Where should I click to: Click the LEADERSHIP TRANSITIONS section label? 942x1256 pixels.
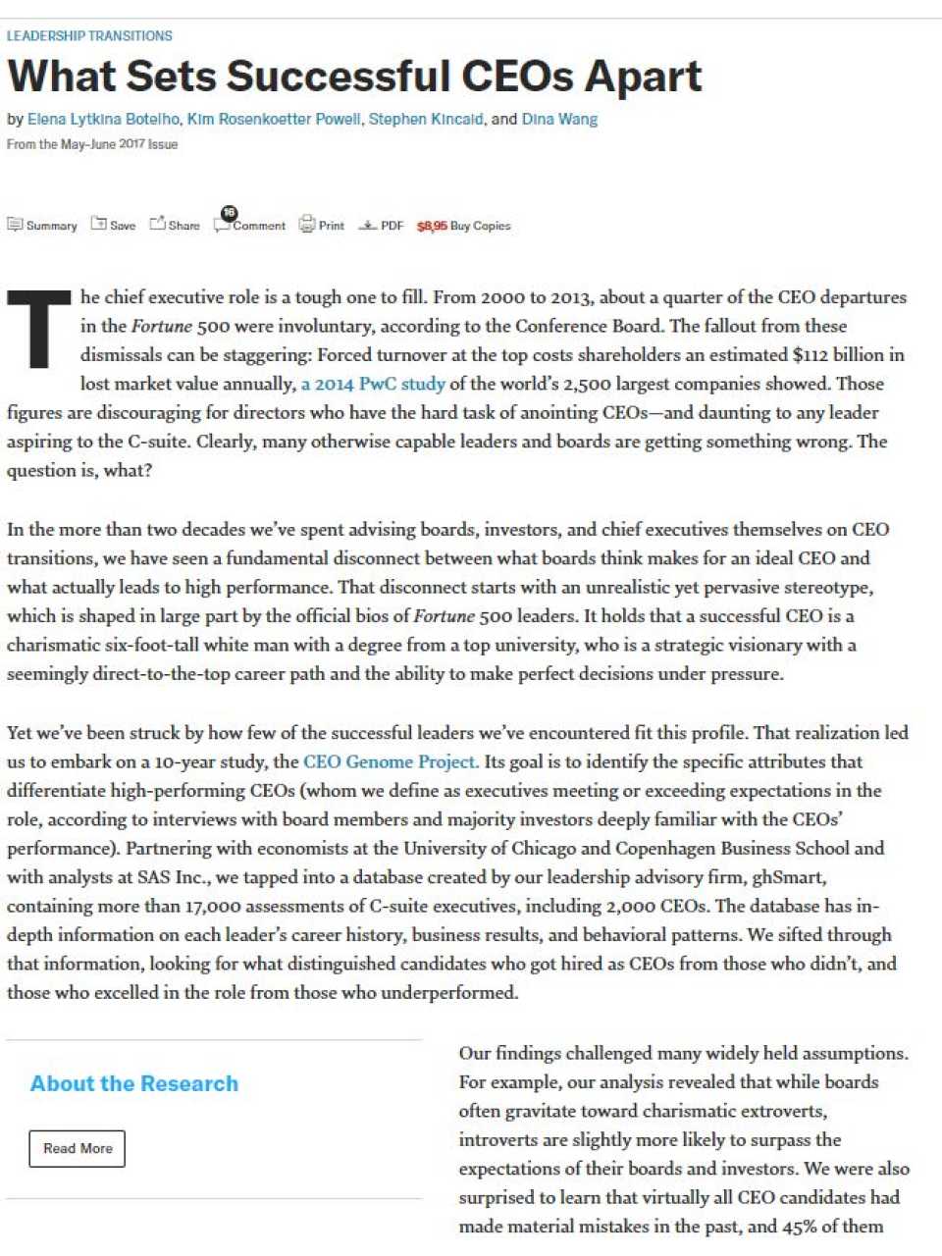point(89,36)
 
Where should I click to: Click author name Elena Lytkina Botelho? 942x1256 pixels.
point(103,120)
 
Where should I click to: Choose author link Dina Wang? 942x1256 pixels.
point(559,120)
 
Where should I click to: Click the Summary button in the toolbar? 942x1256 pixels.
point(42,226)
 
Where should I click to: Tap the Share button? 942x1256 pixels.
point(175,226)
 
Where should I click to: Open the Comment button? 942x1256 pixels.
point(250,225)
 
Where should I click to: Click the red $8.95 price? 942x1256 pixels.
point(432,226)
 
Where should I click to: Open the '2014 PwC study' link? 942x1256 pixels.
point(373,384)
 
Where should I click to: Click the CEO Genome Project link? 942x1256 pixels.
point(391,761)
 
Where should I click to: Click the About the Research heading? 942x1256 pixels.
point(134,1083)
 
